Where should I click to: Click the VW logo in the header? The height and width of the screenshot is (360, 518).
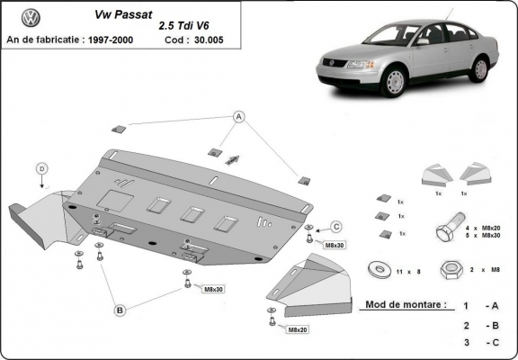pyautogui.click(x=30, y=17)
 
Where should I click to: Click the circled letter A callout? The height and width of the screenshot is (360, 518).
pyautogui.click(x=240, y=116)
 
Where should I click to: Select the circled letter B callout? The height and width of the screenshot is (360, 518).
pyautogui.click(x=119, y=310)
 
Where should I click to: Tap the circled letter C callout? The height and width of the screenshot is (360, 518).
pyautogui.click(x=336, y=226)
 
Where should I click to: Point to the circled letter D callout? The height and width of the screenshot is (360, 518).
pyautogui.click(x=41, y=167)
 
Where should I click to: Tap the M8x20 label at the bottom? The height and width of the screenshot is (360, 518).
pyautogui.click(x=298, y=330)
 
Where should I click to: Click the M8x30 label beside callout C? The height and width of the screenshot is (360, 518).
pyautogui.click(x=335, y=245)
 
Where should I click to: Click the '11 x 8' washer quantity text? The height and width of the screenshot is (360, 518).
pyautogui.click(x=409, y=269)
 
